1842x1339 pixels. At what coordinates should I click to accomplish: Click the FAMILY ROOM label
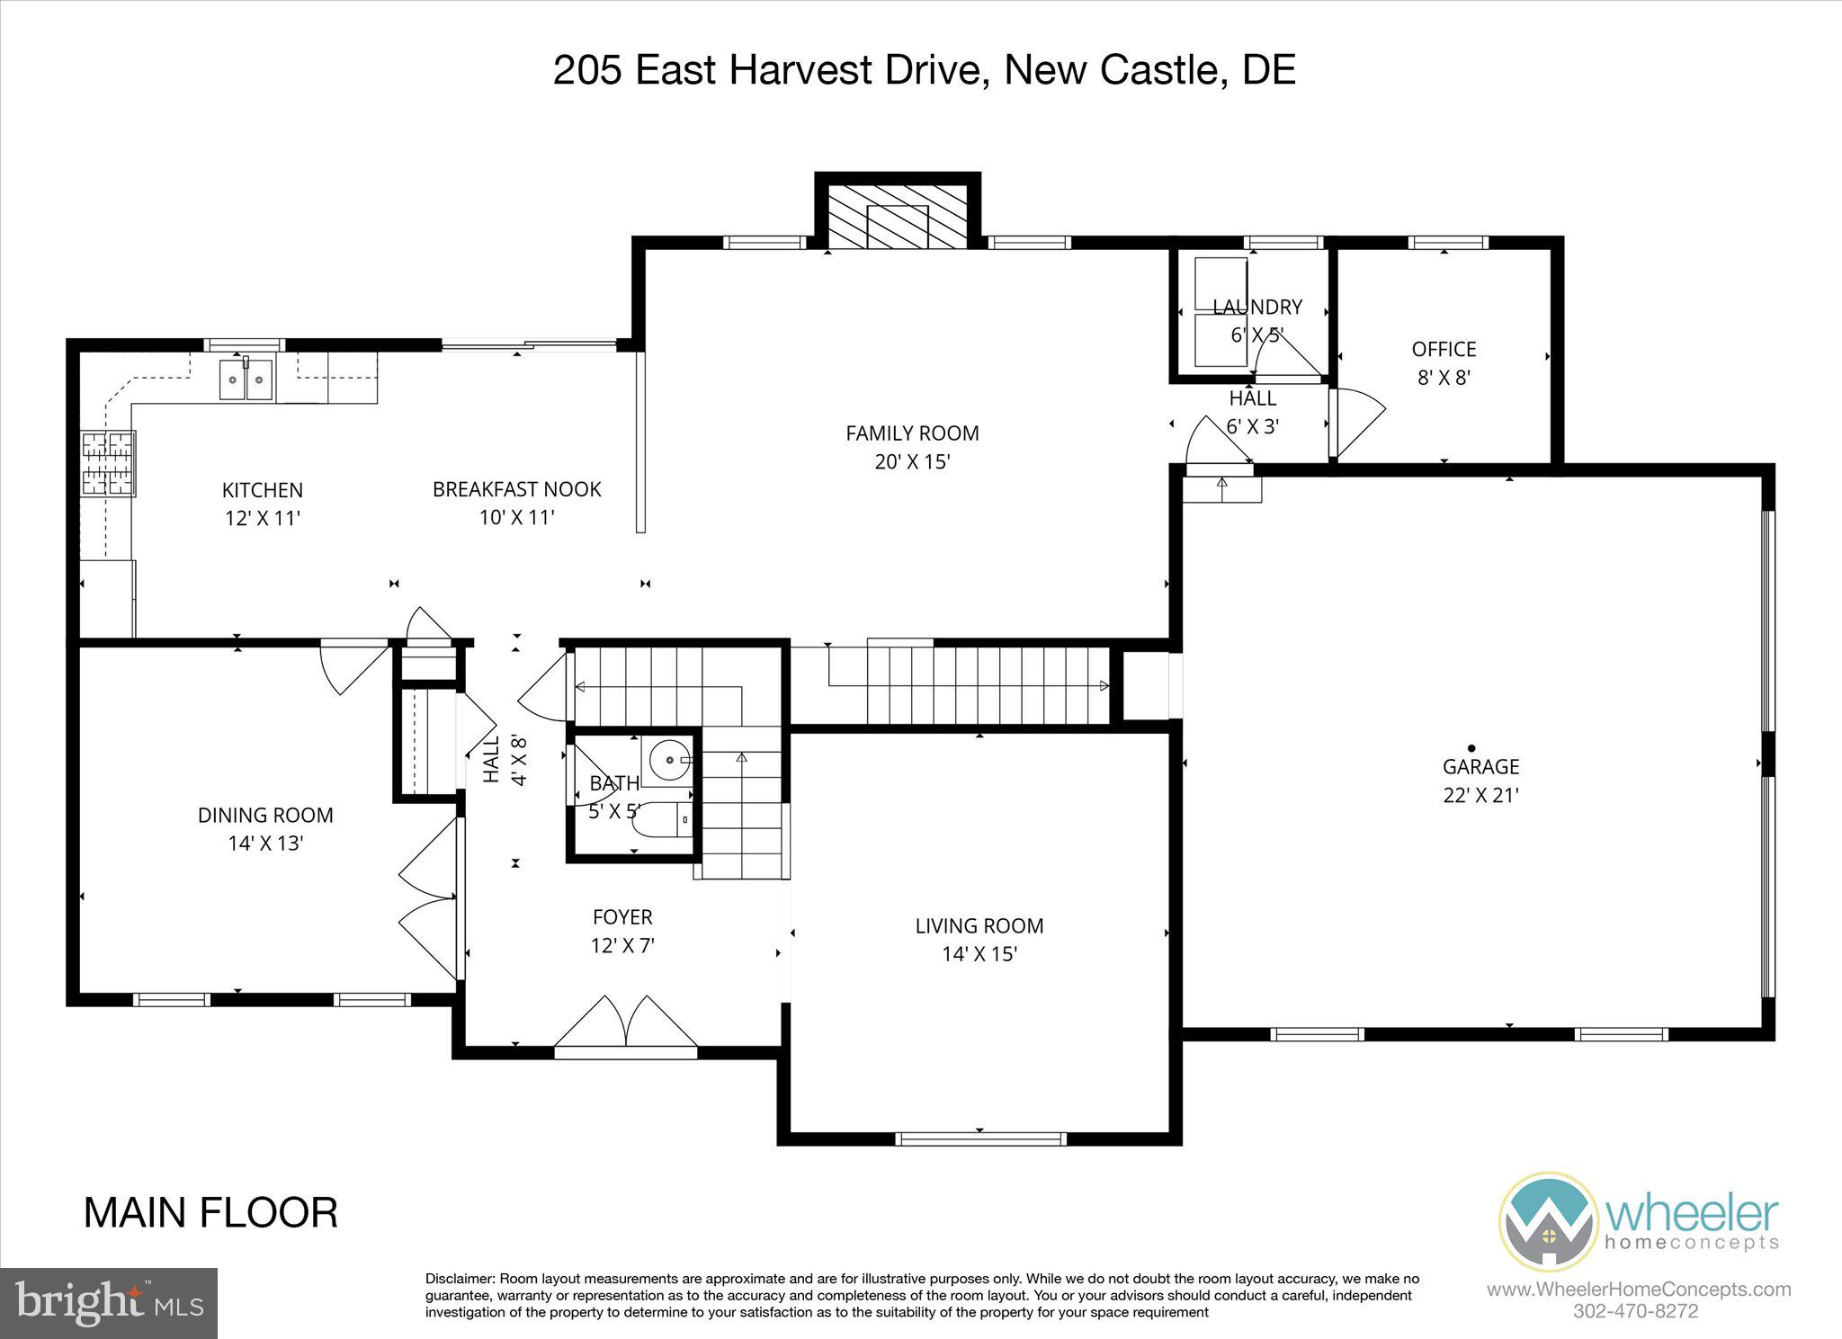pos(912,433)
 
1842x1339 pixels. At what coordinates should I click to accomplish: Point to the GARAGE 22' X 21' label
pos(1480,781)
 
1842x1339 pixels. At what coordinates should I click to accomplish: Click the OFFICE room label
pos(1444,349)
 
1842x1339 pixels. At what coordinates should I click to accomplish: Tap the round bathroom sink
pos(670,761)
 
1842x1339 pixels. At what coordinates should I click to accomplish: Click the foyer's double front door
pos(626,1023)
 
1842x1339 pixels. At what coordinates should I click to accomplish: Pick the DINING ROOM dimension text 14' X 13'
pos(265,844)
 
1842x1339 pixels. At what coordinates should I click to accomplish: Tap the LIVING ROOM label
pos(979,925)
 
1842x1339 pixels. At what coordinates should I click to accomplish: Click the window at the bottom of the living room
pos(980,1138)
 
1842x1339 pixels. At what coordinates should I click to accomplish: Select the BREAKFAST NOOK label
pos(516,489)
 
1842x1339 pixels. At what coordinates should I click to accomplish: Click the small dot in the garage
pos(1471,747)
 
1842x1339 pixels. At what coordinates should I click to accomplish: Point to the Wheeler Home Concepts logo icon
pos(1548,1221)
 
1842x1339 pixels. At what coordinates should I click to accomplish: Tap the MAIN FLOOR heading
pos(210,1212)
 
